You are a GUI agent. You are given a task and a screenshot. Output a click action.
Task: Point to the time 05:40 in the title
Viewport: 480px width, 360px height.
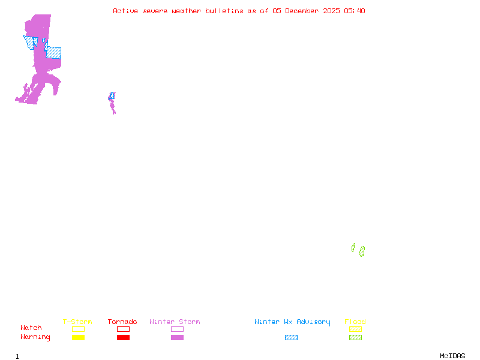point(355,11)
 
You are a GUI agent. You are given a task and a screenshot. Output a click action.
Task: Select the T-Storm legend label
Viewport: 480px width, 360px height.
point(77,322)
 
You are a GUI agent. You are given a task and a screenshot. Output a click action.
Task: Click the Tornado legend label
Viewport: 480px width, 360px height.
point(122,322)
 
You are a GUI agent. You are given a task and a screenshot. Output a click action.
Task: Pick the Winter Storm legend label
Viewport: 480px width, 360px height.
point(175,322)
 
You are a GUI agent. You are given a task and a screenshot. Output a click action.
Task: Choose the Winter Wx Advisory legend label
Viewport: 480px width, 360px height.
point(292,322)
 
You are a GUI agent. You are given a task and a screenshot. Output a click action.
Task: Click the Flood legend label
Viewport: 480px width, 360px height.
point(355,322)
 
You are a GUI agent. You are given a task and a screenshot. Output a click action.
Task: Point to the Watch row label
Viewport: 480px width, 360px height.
point(31,328)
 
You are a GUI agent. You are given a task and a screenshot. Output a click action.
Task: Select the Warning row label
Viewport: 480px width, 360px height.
point(35,337)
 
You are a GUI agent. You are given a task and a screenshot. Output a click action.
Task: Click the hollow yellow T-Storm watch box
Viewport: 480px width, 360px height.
point(78,329)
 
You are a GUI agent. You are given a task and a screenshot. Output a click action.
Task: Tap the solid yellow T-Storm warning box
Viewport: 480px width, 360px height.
point(78,338)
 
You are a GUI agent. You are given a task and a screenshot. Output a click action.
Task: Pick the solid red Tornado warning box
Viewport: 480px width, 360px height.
point(123,338)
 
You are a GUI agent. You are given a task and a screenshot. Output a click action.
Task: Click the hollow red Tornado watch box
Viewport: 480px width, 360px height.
point(123,329)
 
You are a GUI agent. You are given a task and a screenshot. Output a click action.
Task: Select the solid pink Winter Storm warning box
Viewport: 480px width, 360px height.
point(177,338)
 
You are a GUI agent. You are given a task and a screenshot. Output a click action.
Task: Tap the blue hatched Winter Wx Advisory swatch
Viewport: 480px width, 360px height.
point(291,338)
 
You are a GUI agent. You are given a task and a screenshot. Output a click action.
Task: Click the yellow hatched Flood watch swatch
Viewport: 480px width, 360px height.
point(355,329)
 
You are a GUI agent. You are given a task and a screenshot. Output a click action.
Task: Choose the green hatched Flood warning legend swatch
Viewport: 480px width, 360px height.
point(355,338)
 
